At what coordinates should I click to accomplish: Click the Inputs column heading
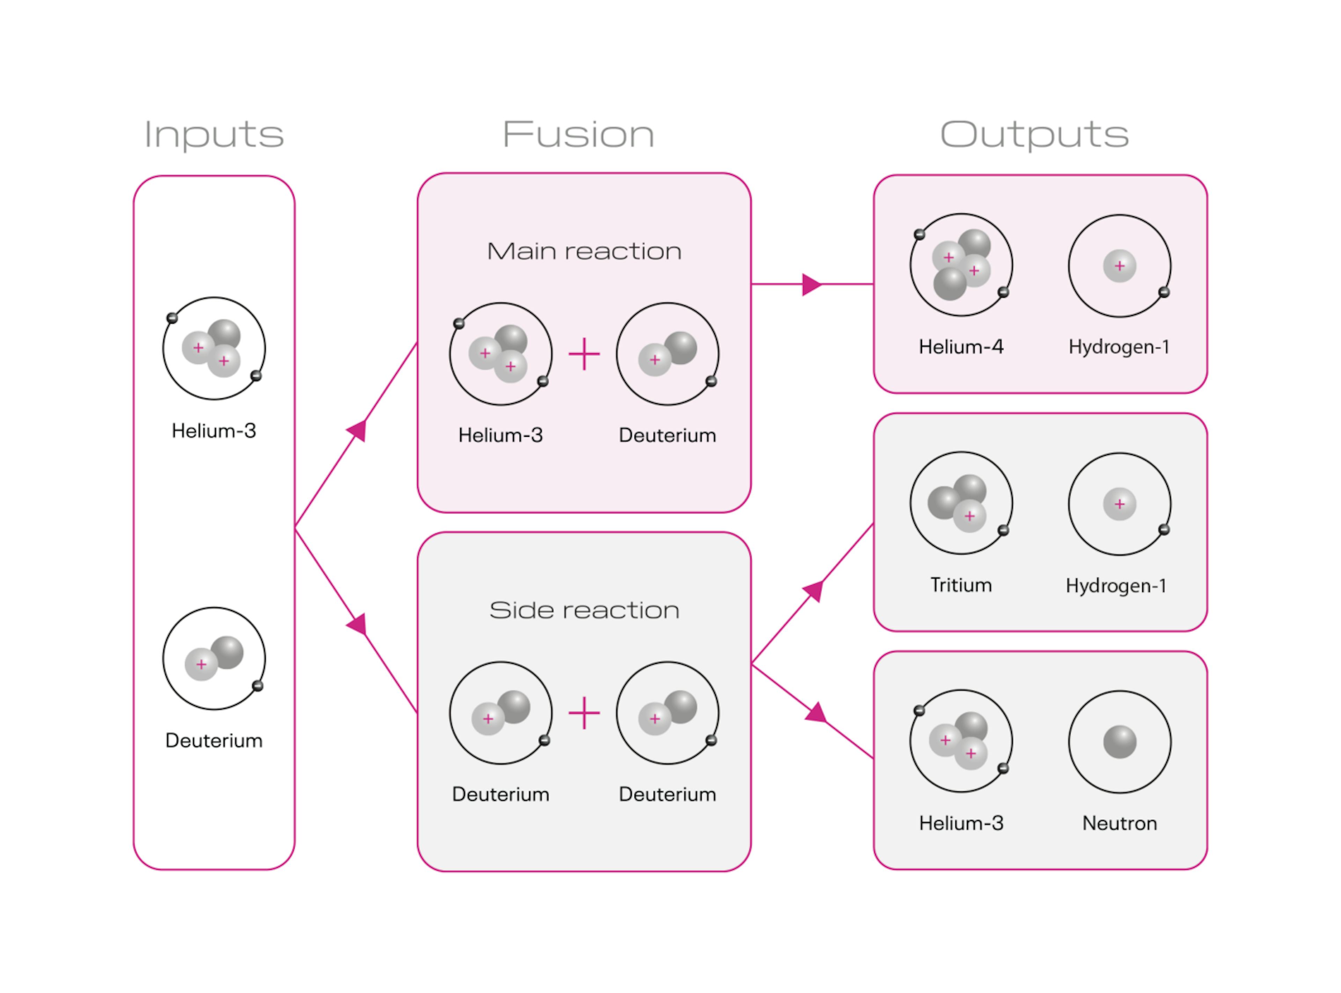coord(214,135)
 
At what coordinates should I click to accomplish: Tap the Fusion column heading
coord(578,135)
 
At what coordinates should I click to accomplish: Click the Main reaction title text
coord(584,251)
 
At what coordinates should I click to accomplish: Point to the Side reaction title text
coord(584,610)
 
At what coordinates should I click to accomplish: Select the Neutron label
coord(1119,823)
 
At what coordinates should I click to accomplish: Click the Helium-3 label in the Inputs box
coord(214,430)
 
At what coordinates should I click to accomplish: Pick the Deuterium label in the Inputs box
coord(214,740)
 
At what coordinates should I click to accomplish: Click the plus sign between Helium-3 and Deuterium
coord(584,354)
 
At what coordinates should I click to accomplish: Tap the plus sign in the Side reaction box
coord(584,713)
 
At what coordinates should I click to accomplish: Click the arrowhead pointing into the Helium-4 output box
coord(811,284)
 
